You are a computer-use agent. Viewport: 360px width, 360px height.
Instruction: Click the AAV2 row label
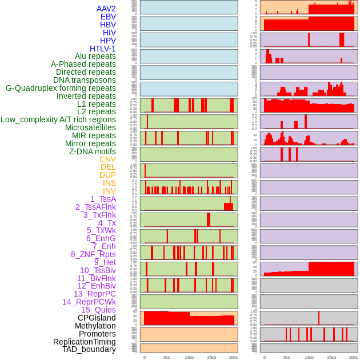pos(106,9)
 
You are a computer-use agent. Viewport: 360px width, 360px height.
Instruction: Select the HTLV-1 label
pos(102,49)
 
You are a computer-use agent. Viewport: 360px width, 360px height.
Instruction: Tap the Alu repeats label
pos(95,56)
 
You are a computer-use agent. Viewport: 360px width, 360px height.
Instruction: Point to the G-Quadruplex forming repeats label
pos(61,88)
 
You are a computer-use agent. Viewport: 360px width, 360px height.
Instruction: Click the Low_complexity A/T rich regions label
pos(58,119)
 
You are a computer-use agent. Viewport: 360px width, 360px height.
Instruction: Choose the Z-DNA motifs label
pos(92,151)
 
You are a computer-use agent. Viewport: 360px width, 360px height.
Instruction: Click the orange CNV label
pos(107,159)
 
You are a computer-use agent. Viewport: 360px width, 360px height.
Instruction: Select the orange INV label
pos(109,191)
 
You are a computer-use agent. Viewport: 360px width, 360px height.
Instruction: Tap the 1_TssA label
pos(103,199)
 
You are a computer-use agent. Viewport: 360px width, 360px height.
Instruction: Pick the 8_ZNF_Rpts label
pos(93,254)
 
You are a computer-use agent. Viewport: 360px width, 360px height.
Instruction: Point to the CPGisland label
pos(97,318)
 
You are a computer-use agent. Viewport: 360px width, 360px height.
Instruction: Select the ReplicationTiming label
pos(85,342)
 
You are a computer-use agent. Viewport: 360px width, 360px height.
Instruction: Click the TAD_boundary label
pos(89,349)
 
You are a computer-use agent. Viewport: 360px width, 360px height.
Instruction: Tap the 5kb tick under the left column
pos(167,357)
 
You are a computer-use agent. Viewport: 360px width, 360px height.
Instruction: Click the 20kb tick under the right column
pos(354,357)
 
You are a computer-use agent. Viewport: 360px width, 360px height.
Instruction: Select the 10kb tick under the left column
pos(189,357)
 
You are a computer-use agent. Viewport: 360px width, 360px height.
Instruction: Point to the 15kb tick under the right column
pos(331,357)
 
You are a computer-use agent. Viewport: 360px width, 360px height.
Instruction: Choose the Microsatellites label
pos(90,127)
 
